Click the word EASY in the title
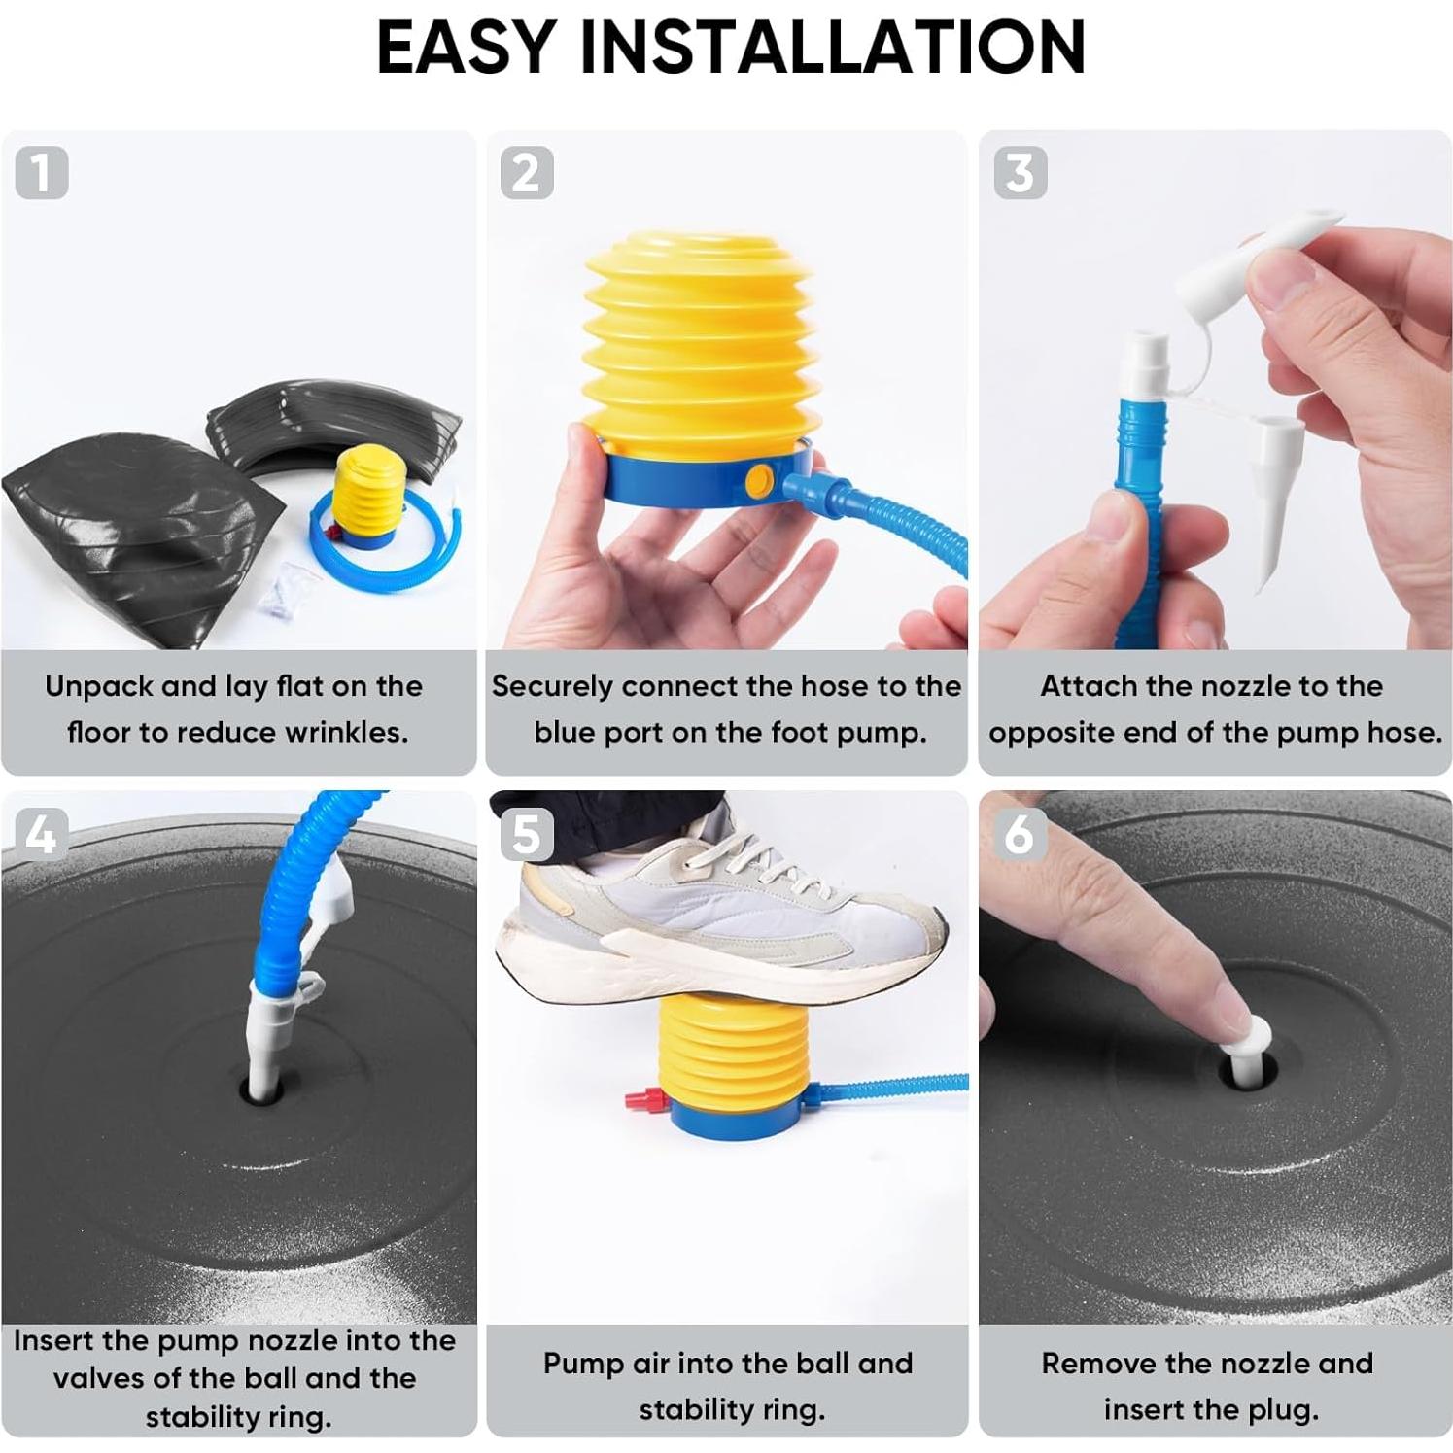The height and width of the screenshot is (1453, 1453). point(466,46)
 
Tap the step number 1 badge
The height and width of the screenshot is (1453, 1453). point(42,172)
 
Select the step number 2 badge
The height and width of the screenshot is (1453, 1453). point(527,172)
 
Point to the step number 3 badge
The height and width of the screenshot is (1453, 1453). point(1021,172)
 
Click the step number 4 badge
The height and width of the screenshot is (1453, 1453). point(42,834)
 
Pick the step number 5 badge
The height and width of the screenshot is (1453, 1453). point(527,834)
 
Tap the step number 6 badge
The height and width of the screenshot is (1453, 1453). point(1021,834)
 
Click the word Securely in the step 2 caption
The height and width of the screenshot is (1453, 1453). point(552,686)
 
